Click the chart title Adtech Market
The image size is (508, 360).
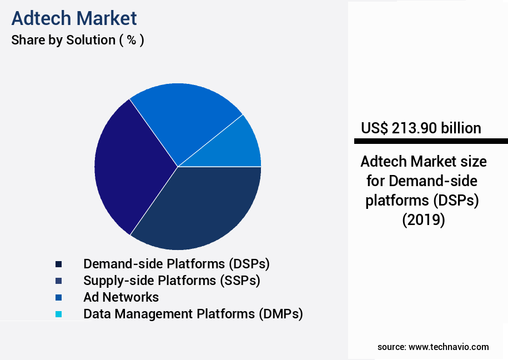tap(74, 18)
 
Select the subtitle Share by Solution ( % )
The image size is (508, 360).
tap(78, 41)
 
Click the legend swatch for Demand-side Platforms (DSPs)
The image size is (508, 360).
tap(58, 264)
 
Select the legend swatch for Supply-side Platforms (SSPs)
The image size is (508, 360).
tap(58, 281)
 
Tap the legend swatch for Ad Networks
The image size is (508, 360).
tap(58, 297)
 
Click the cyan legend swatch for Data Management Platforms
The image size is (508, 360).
tap(58, 314)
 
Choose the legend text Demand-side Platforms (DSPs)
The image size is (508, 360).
tap(177, 263)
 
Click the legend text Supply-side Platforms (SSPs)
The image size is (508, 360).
tap(172, 280)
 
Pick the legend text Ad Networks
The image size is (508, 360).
tap(121, 297)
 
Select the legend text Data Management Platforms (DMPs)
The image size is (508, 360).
tap(193, 313)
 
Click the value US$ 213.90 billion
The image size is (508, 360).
tap(421, 128)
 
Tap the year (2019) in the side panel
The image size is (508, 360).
tap(424, 219)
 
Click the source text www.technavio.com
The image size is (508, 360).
tap(449, 347)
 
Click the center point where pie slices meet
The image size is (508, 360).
tap(178, 167)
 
